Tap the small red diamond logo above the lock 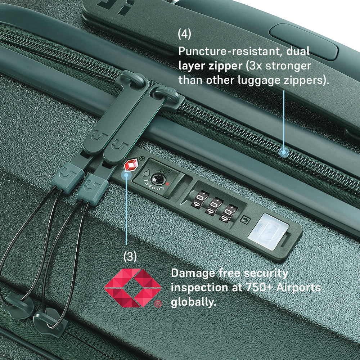[x=131, y=165]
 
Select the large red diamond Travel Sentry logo [x=132, y=288]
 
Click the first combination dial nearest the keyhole [x=200, y=199]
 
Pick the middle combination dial [x=215, y=206]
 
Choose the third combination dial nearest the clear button [x=229, y=213]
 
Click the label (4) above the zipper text [x=184, y=34]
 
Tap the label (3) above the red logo [x=130, y=256]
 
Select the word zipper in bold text [x=225, y=66]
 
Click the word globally [x=194, y=302]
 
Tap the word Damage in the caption [x=193, y=273]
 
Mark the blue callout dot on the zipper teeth [x=284, y=152]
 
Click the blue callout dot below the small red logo [x=126, y=175]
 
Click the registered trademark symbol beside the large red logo [x=158, y=304]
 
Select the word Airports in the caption [x=298, y=287]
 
